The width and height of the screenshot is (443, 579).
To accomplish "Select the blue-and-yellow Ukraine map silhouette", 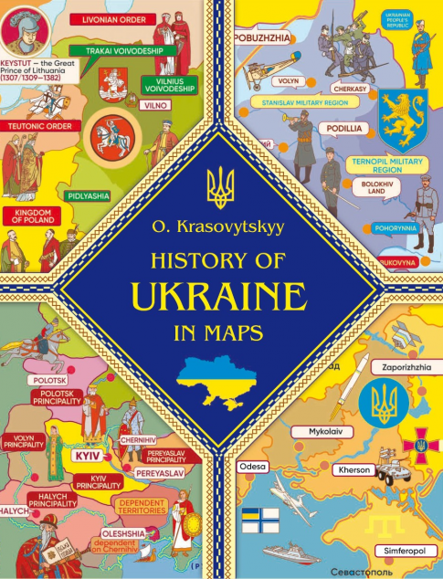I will coord(221,373).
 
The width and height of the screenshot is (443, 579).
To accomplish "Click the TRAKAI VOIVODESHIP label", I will coord(125,50).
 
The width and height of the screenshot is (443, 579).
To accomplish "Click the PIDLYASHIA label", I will coord(88,195).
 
